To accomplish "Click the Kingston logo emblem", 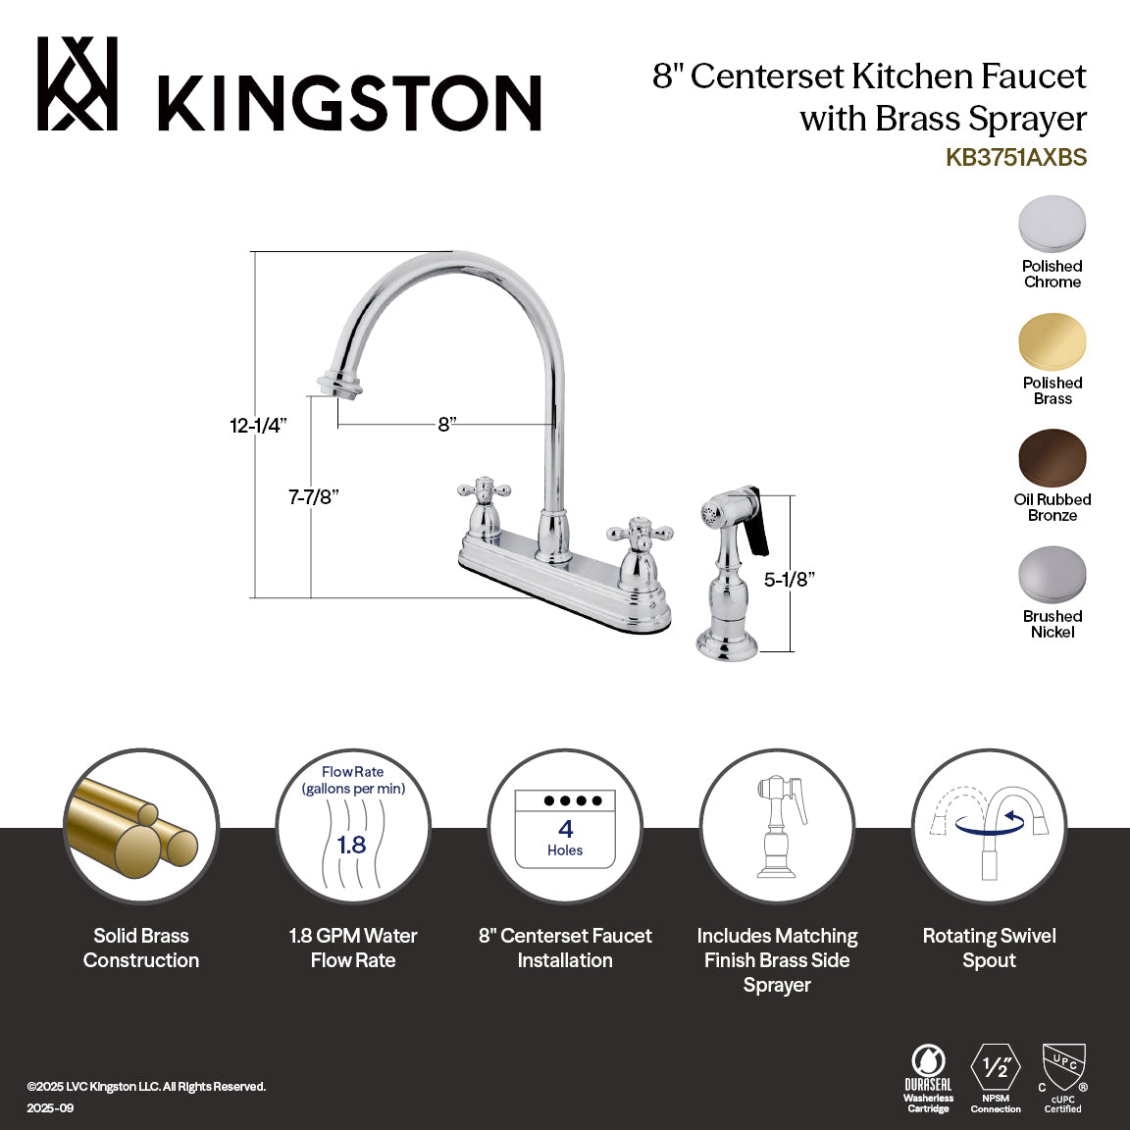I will [x=77, y=84].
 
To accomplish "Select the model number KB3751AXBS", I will [x=1016, y=157].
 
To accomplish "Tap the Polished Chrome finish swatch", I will [x=1052, y=225].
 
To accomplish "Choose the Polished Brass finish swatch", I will [x=1052, y=341].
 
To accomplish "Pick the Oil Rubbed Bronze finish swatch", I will [x=1052, y=458].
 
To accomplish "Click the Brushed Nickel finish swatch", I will [x=1052, y=575].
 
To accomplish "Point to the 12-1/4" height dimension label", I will [x=258, y=426].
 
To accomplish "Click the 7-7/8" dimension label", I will [x=313, y=497].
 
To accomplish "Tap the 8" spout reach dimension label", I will [x=447, y=425].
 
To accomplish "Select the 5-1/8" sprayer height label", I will [x=790, y=580].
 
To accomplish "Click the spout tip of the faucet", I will [x=336, y=385].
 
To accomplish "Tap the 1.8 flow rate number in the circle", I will [x=351, y=845].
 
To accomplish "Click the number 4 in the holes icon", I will [x=565, y=830].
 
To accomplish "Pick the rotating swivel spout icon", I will [x=989, y=826].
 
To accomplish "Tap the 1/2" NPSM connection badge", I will [x=996, y=1069].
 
